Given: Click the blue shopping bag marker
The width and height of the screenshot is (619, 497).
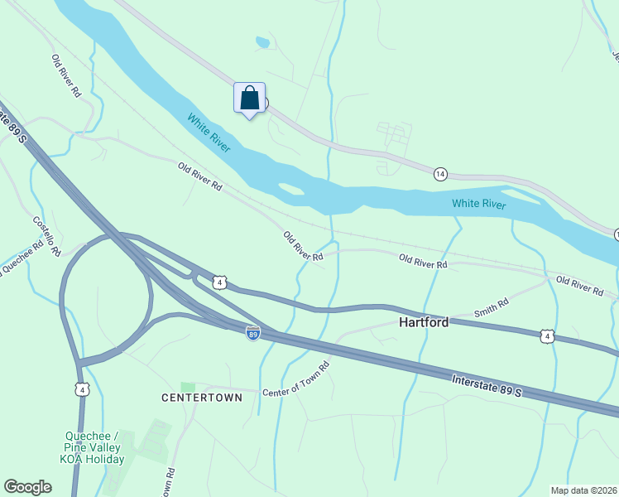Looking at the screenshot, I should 249,99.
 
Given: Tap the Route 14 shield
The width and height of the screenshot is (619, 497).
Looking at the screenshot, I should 440,174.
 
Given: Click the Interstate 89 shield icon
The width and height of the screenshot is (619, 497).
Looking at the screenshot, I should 253,333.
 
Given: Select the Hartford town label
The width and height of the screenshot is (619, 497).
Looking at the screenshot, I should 424,322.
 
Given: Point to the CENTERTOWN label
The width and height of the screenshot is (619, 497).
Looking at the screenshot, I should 202,398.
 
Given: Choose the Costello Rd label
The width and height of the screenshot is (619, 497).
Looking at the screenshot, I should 46,235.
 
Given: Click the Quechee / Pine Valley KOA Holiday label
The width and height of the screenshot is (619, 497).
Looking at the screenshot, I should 94,448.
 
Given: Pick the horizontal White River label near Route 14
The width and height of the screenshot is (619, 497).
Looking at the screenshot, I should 478,204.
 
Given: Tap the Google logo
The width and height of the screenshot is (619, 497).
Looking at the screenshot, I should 27,487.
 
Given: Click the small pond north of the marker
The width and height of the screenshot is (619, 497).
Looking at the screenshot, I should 262,41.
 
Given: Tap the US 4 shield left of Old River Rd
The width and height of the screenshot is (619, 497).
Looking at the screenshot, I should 218,282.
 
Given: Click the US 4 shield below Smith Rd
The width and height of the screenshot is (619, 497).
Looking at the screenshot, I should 546,335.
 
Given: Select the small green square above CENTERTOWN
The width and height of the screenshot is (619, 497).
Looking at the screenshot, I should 188,387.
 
